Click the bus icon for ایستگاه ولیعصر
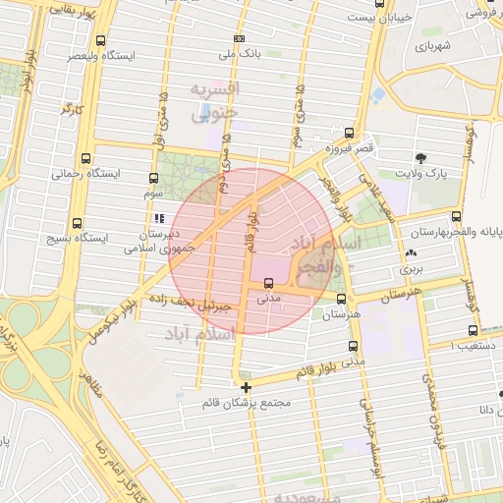click(x=101, y=40)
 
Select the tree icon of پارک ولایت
click(x=420, y=157)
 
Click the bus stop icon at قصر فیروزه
click(x=348, y=131)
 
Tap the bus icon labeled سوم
click(x=153, y=179)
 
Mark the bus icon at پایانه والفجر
click(x=456, y=216)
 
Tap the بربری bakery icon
click(x=411, y=251)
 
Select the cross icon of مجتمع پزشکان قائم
click(x=246, y=386)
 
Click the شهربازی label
click(x=431, y=46)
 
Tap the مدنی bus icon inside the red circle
click(x=268, y=283)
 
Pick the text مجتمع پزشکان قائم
click(x=246, y=403)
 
